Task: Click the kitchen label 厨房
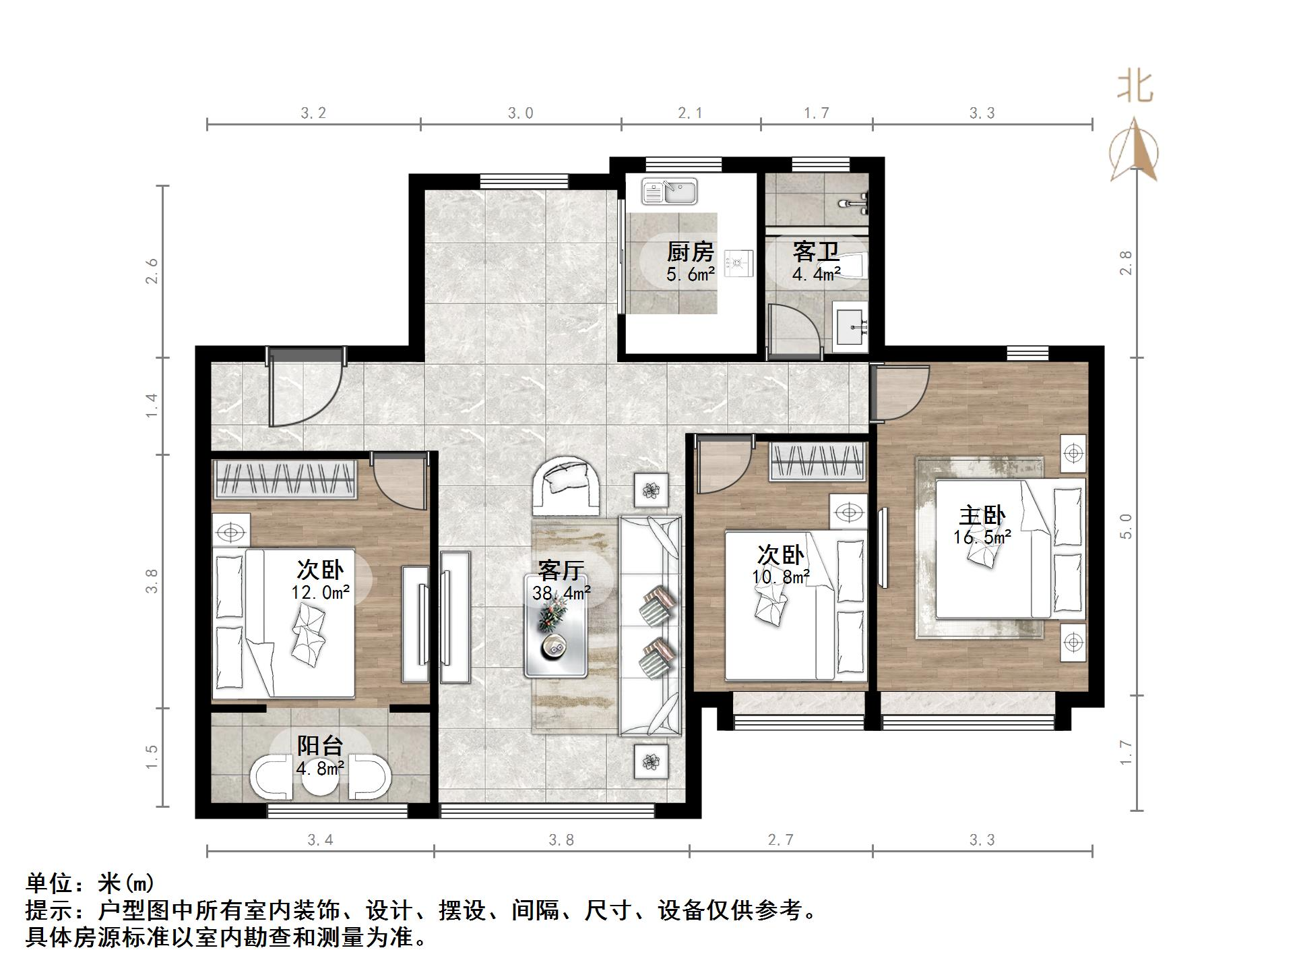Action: pyautogui.click(x=690, y=252)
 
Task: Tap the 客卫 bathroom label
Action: pyautogui.click(x=816, y=252)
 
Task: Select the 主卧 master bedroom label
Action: pyautogui.click(x=982, y=516)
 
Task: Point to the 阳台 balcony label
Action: pyautogui.click(x=320, y=746)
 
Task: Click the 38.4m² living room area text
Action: pyautogui.click(x=561, y=593)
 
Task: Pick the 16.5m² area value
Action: pyautogui.click(x=982, y=537)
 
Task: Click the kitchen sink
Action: pyautogui.click(x=669, y=191)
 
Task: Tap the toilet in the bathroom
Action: pyautogui.click(x=852, y=266)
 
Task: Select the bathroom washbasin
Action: pyautogui.click(x=851, y=327)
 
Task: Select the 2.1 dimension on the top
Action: pyautogui.click(x=690, y=113)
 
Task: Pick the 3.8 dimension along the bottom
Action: pyautogui.click(x=561, y=840)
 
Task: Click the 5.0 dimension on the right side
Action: pyautogui.click(x=1126, y=526)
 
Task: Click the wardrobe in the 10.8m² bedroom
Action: pyautogui.click(x=817, y=462)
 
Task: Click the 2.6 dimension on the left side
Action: pyautogui.click(x=152, y=271)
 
